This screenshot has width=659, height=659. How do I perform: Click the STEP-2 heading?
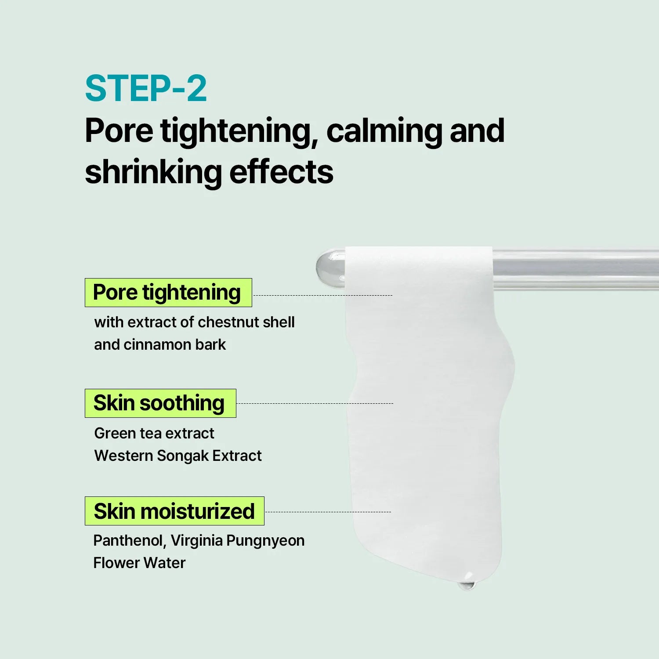click(146, 88)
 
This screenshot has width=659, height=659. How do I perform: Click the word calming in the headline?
click(384, 131)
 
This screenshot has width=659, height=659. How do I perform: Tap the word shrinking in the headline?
click(153, 172)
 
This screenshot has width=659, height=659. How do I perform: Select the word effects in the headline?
click(281, 172)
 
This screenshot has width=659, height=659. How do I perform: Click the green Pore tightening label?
click(168, 293)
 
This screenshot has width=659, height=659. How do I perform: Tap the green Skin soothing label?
click(160, 403)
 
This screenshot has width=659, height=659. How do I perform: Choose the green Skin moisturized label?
click(174, 511)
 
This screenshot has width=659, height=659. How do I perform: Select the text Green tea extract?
click(154, 433)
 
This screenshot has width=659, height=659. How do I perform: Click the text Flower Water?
click(139, 563)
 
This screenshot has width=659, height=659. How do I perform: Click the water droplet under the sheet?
click(467, 584)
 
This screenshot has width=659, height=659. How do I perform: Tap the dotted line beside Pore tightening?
click(323, 295)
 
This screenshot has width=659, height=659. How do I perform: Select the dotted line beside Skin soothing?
click(315, 403)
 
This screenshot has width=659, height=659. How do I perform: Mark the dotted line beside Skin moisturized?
click(328, 512)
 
